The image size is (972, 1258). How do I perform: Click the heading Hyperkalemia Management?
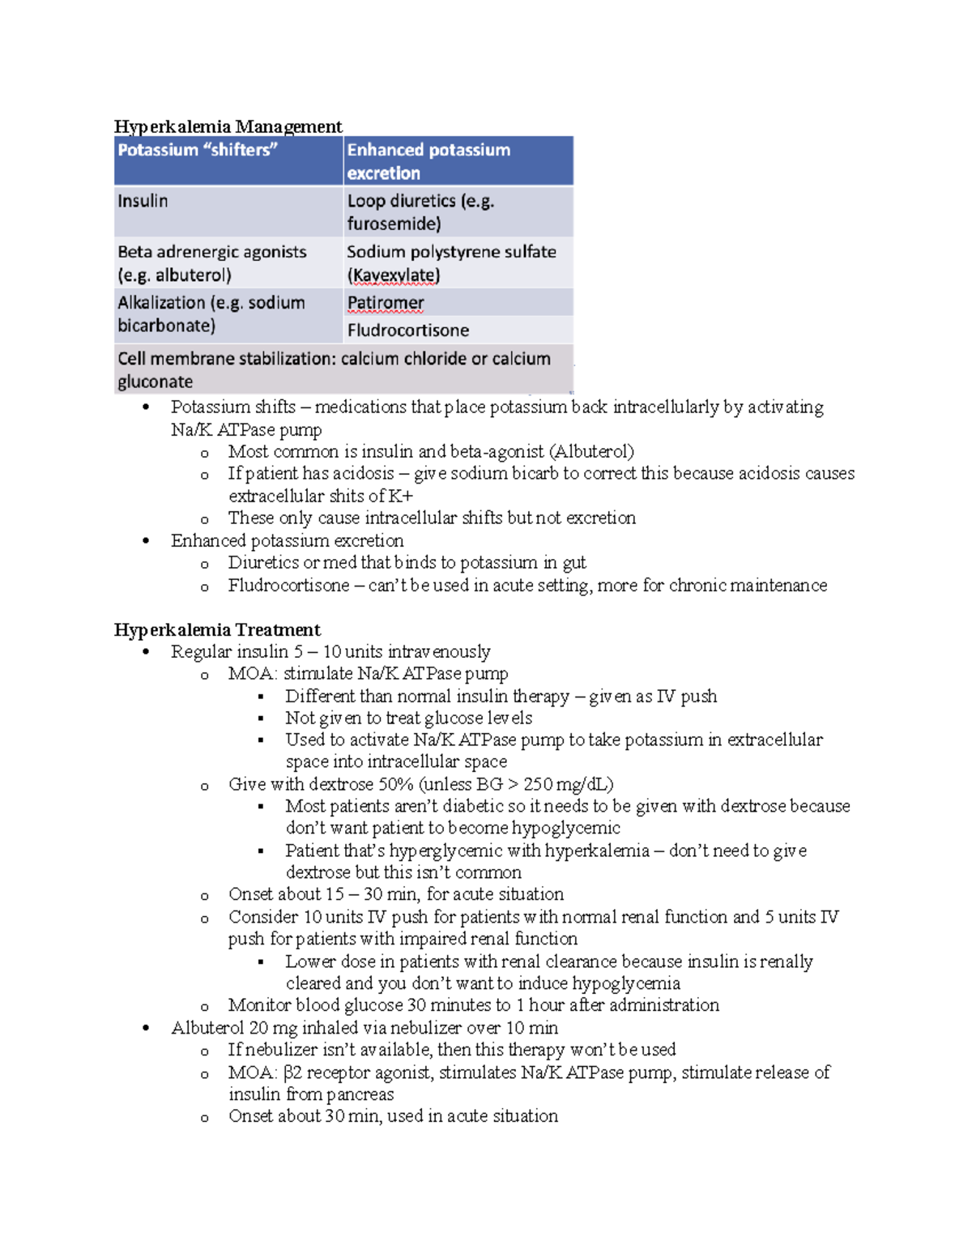(x=228, y=126)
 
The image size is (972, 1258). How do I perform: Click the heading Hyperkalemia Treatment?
(x=217, y=629)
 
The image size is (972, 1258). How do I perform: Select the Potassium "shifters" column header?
(x=198, y=151)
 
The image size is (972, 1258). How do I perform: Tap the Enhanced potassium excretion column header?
(x=428, y=161)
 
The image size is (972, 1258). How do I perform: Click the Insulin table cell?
(x=143, y=201)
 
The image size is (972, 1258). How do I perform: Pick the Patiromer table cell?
(x=386, y=303)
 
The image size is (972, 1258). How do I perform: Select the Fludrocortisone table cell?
(x=408, y=330)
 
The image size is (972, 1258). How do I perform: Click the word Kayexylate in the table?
(x=394, y=275)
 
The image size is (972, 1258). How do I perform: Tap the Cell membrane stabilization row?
(x=334, y=369)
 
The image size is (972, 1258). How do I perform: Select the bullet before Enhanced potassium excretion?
(x=146, y=540)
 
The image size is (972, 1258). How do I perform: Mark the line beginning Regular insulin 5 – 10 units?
(x=330, y=651)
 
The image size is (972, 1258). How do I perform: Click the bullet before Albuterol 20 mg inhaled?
(x=146, y=1028)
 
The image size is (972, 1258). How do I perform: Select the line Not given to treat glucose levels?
(x=408, y=718)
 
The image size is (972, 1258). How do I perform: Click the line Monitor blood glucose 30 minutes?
(x=473, y=1005)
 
